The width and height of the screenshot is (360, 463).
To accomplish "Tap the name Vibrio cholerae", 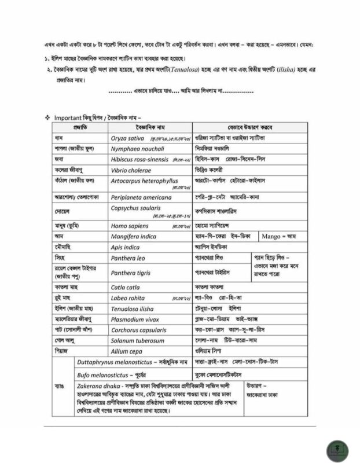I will [x=131, y=170].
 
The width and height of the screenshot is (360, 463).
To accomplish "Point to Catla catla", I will [x=125, y=286].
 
